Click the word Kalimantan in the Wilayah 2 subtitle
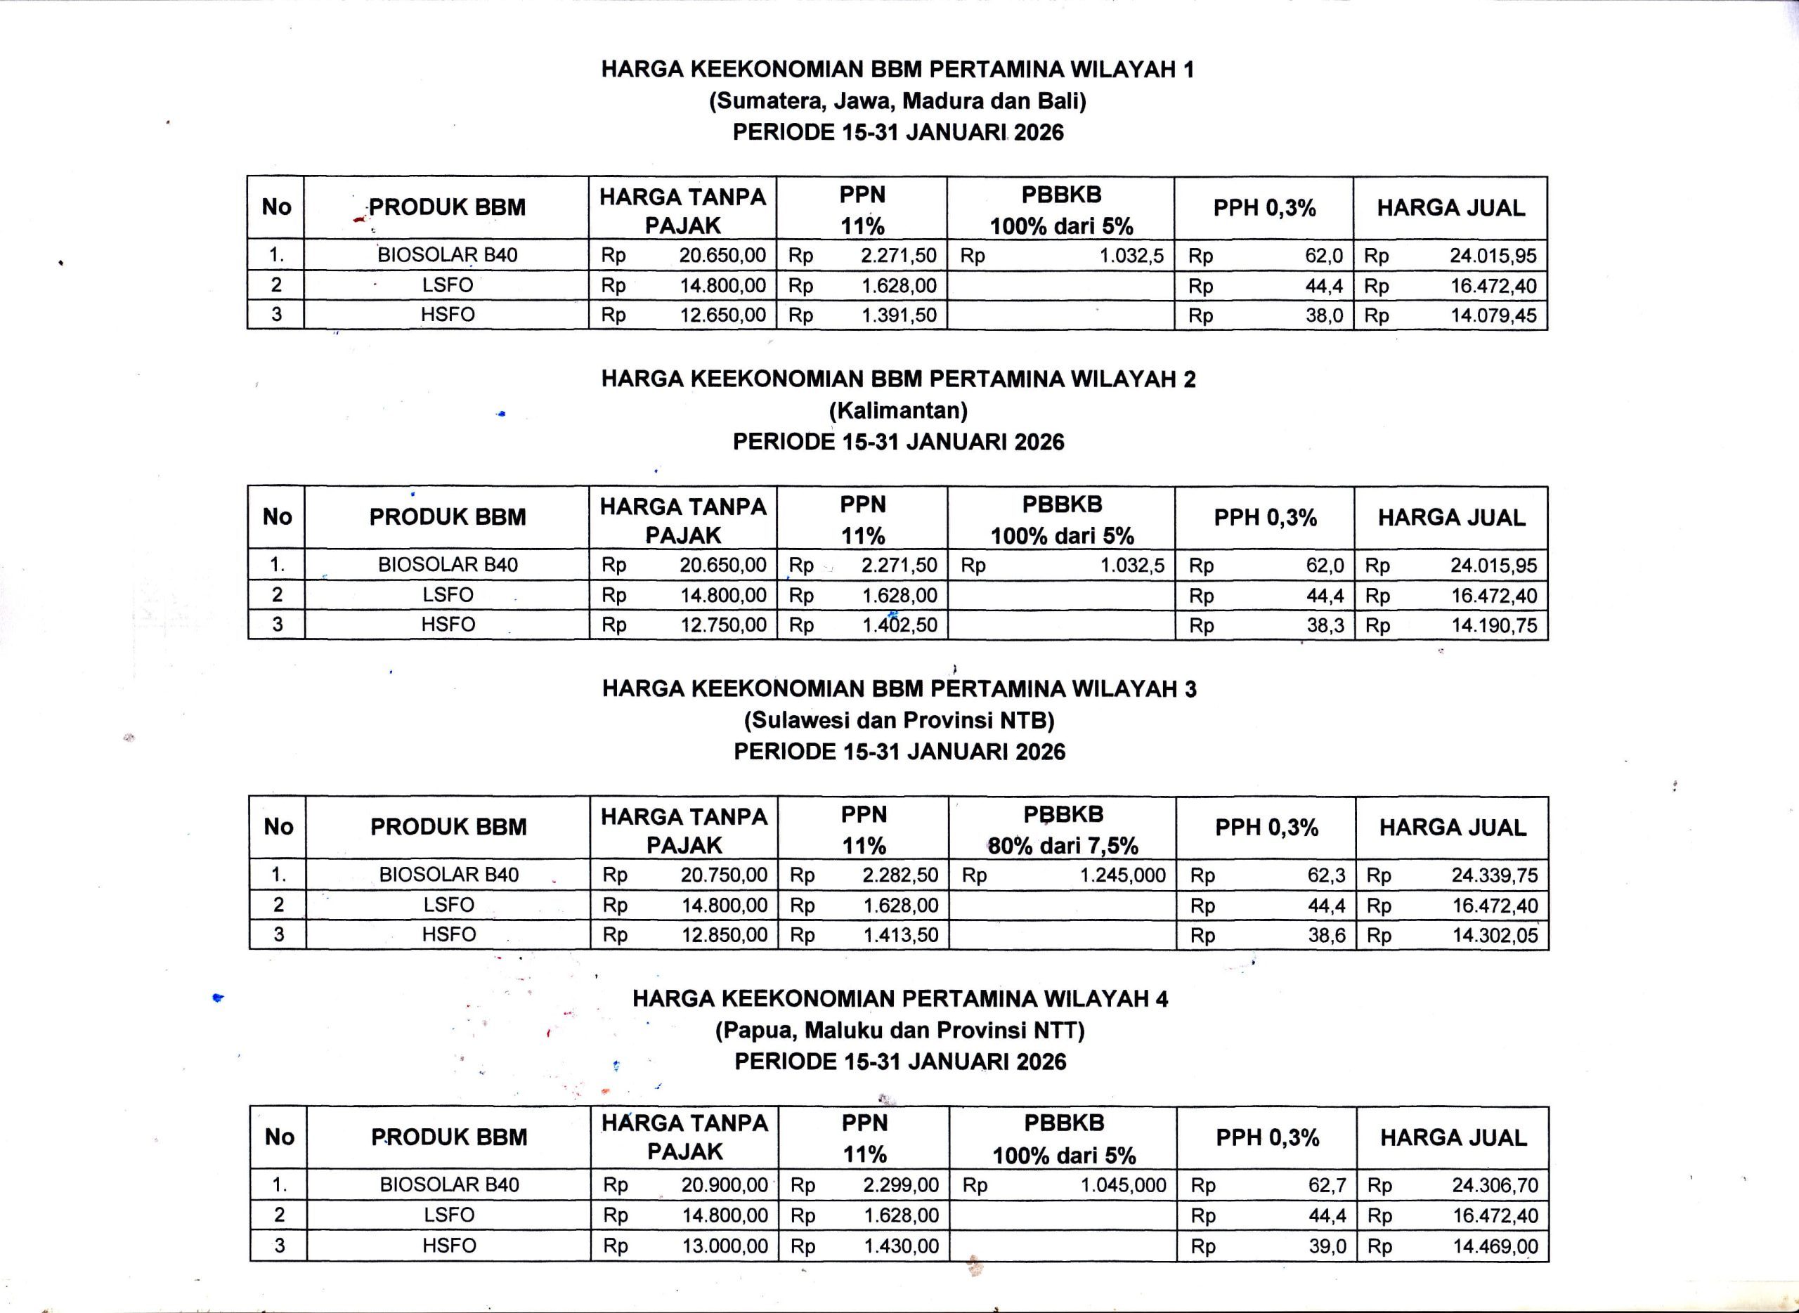pyautogui.click(x=898, y=411)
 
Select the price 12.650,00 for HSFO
pyautogui.click(x=722, y=315)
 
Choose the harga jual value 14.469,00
pyautogui.click(x=1495, y=1246)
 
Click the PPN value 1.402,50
pyautogui.click(x=900, y=625)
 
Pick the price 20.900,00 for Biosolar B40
pyautogui.click(x=725, y=1186)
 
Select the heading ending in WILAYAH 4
pyautogui.click(x=900, y=999)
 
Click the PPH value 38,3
pyautogui.click(x=1325, y=625)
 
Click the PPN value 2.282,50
pyautogui.click(x=901, y=876)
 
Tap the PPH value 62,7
pyautogui.click(x=1327, y=1186)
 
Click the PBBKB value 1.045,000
pyautogui.click(x=1123, y=1186)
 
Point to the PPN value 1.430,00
pyautogui.click(x=902, y=1246)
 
